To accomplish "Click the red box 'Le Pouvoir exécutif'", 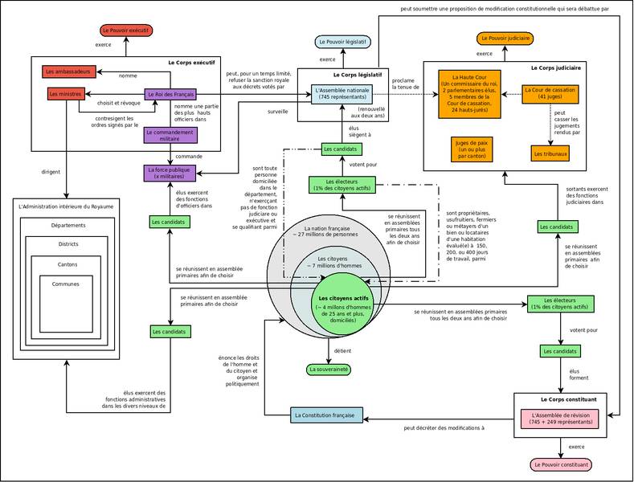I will click(x=126, y=30).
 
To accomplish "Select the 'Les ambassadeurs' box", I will click(x=70, y=71).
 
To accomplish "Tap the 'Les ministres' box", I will click(x=66, y=94).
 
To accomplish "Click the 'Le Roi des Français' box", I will click(x=170, y=94).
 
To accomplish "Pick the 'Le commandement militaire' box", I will click(x=169, y=135).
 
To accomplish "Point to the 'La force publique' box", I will click(x=169, y=173).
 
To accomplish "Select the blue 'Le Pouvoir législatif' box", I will click(x=342, y=41).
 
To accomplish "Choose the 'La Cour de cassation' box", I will click(x=550, y=93).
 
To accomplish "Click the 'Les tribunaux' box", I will click(x=550, y=153).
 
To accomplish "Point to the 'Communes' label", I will click(x=66, y=284).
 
